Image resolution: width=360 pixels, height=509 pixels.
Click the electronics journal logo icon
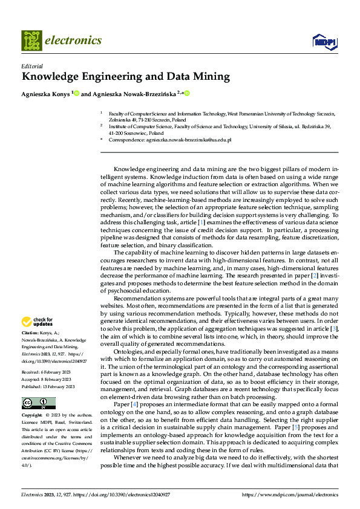[31, 41]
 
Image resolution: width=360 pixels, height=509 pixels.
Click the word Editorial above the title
[31, 66]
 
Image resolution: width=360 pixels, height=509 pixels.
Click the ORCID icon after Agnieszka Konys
[76, 94]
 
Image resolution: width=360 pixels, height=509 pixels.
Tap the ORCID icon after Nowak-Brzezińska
[187, 94]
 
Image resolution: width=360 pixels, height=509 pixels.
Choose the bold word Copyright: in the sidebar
[32, 416]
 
